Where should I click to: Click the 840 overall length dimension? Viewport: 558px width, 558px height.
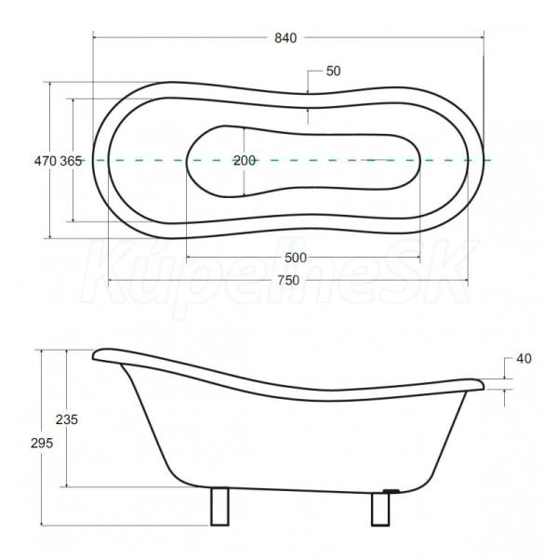286,38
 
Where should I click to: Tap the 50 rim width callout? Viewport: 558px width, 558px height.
334,72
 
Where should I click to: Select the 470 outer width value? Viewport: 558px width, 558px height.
46,161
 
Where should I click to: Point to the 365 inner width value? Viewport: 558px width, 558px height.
71,161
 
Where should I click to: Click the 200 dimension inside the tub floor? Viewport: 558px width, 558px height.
245,161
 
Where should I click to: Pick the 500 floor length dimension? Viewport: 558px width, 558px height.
296,258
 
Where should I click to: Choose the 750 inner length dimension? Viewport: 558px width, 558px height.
288,281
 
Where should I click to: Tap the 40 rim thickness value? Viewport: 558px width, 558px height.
524,359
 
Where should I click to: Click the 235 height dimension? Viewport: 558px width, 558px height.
67,419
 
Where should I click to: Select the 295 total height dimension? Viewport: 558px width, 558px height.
42,443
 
